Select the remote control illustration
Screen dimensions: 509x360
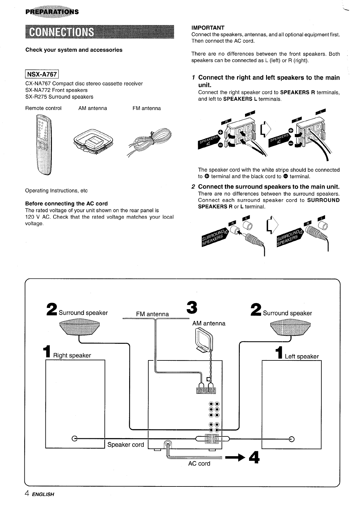pos(44,144)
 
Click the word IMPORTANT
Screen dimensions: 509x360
pos(208,27)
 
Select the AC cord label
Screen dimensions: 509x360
pos(199,464)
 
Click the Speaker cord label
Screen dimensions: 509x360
pos(125,445)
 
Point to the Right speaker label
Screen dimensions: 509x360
pos(72,355)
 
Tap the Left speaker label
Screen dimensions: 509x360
pos(301,357)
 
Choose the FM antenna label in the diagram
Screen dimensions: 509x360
pos(153,314)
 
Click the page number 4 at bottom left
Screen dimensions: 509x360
pos(27,494)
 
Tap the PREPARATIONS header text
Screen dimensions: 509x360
pos(53,12)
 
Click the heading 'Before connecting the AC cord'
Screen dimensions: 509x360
pos(66,204)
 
